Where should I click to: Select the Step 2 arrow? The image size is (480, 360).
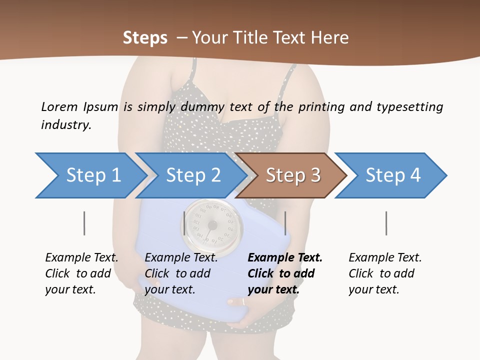click(x=192, y=175)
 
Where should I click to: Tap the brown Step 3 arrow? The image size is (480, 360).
click(x=292, y=175)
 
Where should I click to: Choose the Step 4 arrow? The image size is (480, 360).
click(x=392, y=175)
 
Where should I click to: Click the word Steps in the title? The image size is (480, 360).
click(x=145, y=38)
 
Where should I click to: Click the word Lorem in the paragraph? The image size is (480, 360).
click(x=59, y=106)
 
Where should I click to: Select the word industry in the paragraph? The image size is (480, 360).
click(x=66, y=124)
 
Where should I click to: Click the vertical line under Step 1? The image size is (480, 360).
click(x=84, y=223)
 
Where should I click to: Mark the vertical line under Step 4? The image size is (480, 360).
click(x=386, y=223)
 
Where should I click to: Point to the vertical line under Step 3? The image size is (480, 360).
click(x=285, y=223)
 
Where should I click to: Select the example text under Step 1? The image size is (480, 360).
click(x=81, y=273)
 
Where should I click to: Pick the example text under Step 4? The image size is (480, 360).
click(x=385, y=273)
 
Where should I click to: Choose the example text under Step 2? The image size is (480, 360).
click(x=181, y=273)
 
